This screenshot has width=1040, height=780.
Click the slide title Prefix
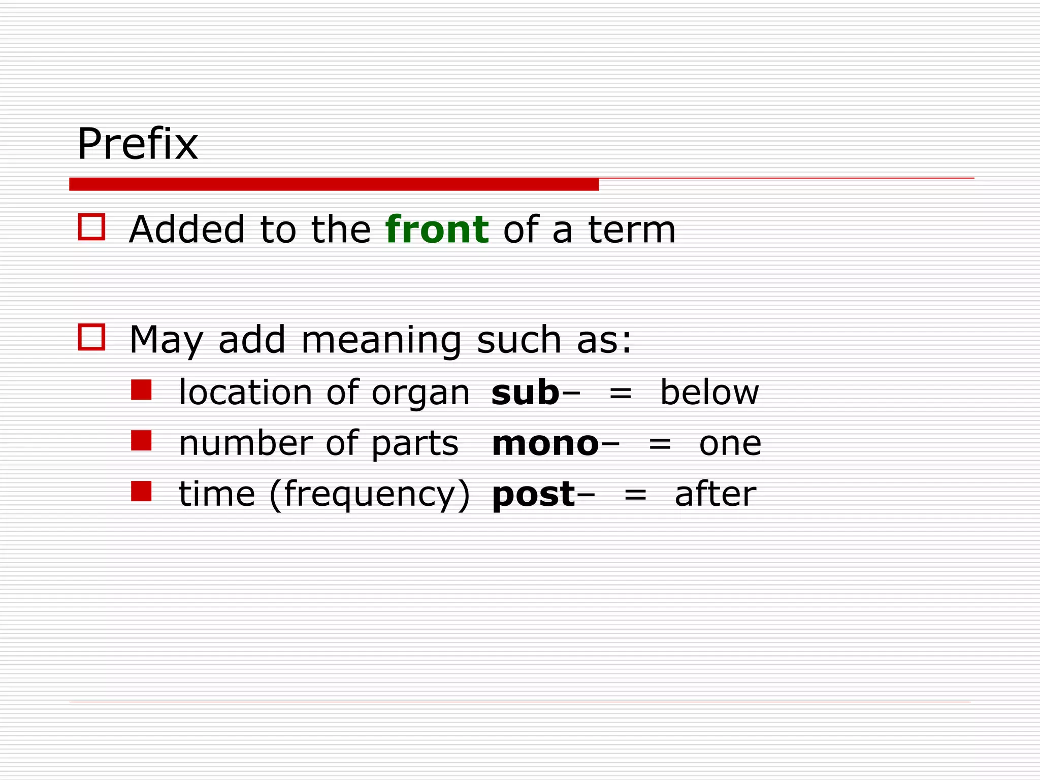click(x=137, y=144)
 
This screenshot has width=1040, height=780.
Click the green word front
click(x=437, y=230)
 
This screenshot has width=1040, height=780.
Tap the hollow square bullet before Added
click(x=91, y=226)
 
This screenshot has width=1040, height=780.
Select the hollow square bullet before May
click(x=91, y=337)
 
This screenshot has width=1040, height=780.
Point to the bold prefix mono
click(x=545, y=443)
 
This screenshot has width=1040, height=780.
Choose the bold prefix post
click(x=533, y=495)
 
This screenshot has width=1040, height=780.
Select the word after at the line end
click(x=715, y=494)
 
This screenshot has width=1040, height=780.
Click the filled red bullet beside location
click(x=141, y=390)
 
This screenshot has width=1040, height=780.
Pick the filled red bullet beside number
click(x=141, y=441)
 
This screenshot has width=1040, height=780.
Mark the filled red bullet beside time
click(x=141, y=492)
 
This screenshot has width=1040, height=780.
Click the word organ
click(x=420, y=394)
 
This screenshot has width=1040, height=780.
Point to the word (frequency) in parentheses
click(x=370, y=495)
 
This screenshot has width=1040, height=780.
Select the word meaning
click(x=381, y=340)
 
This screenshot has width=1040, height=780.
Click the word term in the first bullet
click(x=632, y=230)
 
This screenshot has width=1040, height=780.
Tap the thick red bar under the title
click(x=334, y=184)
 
